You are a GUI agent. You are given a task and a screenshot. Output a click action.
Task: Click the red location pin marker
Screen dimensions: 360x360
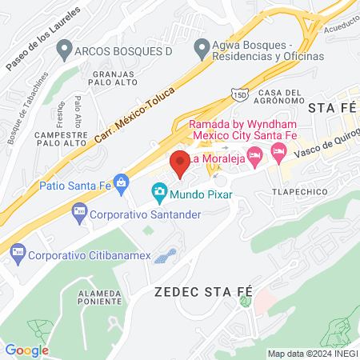coord(180,163)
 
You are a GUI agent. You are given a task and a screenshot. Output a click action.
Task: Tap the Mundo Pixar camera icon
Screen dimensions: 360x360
coord(159,192)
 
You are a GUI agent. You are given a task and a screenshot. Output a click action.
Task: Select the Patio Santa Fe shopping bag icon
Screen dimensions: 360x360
coord(121,183)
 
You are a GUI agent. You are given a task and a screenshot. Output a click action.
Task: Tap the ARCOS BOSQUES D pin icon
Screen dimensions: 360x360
coord(64,50)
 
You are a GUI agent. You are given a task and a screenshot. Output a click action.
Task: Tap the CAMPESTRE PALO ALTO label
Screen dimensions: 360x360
coord(61,141)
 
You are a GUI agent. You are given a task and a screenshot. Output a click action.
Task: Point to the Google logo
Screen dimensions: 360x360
coord(26,350)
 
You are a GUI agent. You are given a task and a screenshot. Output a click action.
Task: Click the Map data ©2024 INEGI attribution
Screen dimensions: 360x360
coord(311,354)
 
